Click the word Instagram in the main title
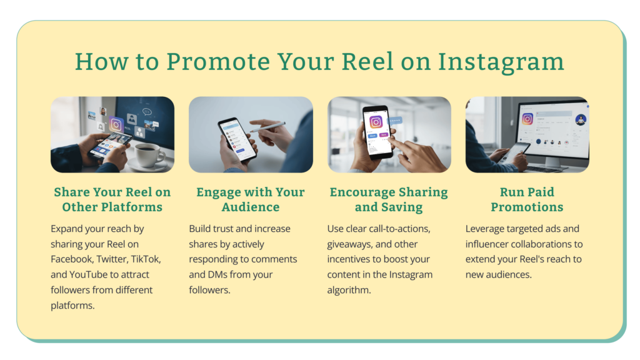501,62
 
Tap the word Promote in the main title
218,61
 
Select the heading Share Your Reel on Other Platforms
112,199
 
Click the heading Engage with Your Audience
251,199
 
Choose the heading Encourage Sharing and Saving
389,199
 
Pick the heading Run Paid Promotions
527,199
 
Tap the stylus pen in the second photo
267,126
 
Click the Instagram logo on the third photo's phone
376,122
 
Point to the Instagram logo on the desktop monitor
527,119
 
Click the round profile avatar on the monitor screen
581,119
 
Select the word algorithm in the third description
349,290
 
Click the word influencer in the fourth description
486,244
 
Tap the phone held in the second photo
236,139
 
